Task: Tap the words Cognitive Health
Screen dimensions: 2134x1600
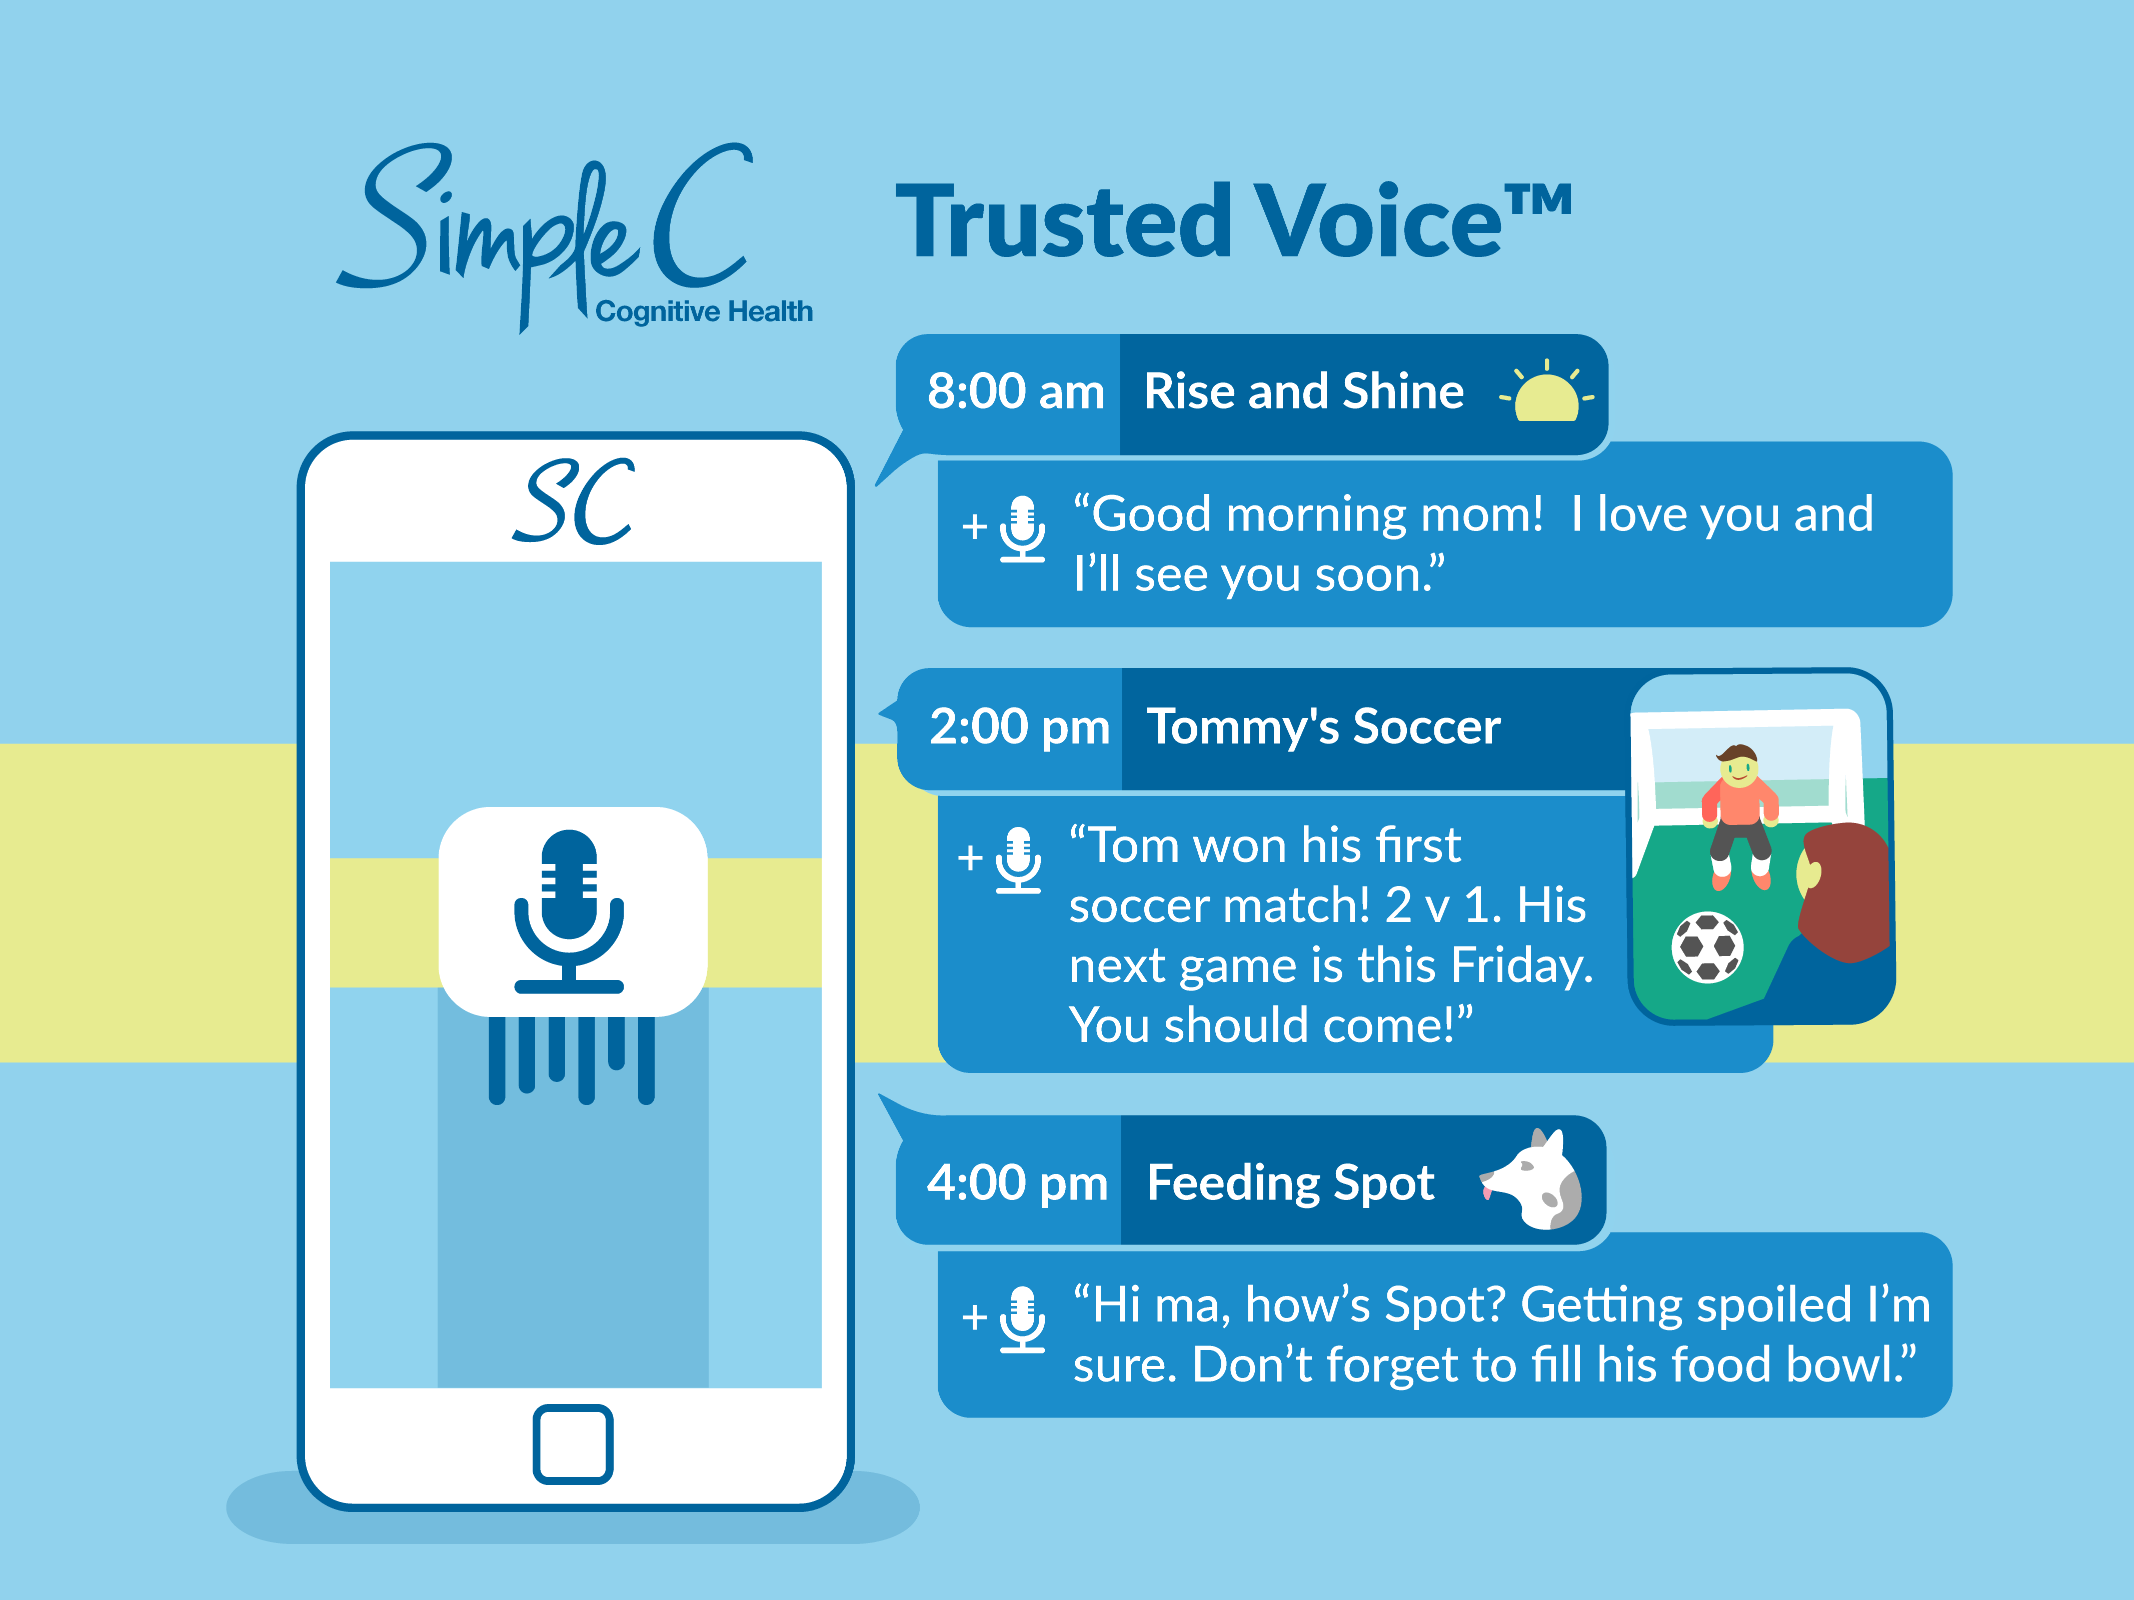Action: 704,311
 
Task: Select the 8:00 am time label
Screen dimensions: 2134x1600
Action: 1016,391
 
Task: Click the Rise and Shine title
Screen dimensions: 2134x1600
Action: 1303,391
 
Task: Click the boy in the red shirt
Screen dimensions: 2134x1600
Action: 1739,815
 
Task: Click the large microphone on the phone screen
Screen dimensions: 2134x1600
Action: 569,911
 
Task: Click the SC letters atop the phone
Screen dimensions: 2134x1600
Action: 574,501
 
